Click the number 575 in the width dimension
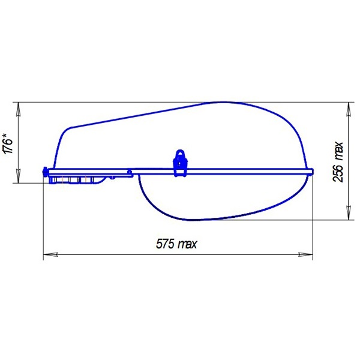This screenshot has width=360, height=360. click(165, 244)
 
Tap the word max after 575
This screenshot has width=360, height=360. click(188, 245)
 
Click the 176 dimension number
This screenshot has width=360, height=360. click(8, 146)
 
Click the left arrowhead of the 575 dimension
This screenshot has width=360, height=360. click(50, 254)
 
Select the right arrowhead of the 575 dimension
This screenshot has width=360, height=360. click(305, 254)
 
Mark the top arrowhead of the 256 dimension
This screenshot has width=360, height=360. click(349, 109)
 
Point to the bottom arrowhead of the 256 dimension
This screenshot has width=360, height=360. click(349, 213)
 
